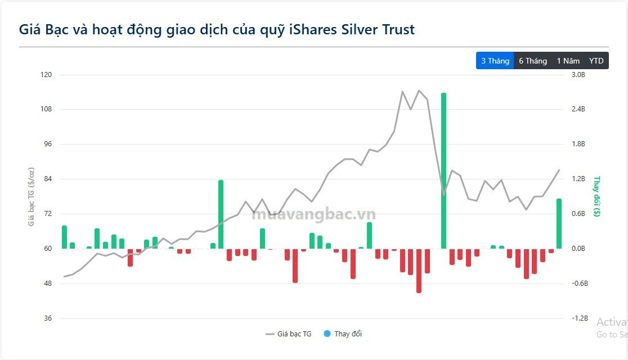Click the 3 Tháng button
495,61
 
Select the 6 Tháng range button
532,61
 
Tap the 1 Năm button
568,61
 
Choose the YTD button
596,61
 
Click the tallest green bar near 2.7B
443,169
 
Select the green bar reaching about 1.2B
221,214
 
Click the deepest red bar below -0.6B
419,270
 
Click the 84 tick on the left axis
47,179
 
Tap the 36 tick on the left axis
47,318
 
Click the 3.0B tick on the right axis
578,75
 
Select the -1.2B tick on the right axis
580,318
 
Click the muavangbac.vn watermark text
313,214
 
